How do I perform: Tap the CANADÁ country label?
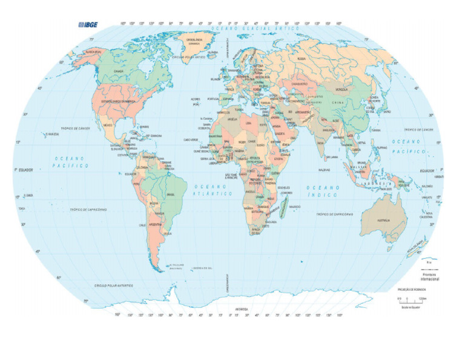pos(119,71)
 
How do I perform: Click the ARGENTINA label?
pos(155,224)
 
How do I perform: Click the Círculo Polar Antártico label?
pos(113,285)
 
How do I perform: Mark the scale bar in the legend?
pos(409,299)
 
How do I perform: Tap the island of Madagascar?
pos(283,207)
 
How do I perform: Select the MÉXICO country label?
pos(109,125)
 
